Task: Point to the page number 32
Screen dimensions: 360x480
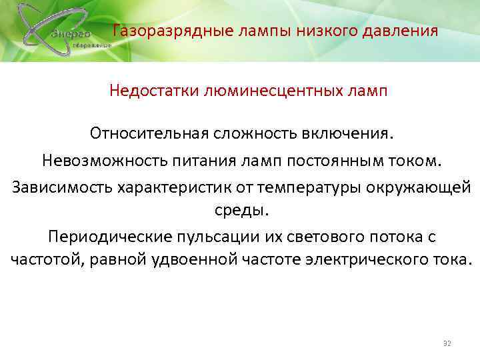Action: coord(447,343)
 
